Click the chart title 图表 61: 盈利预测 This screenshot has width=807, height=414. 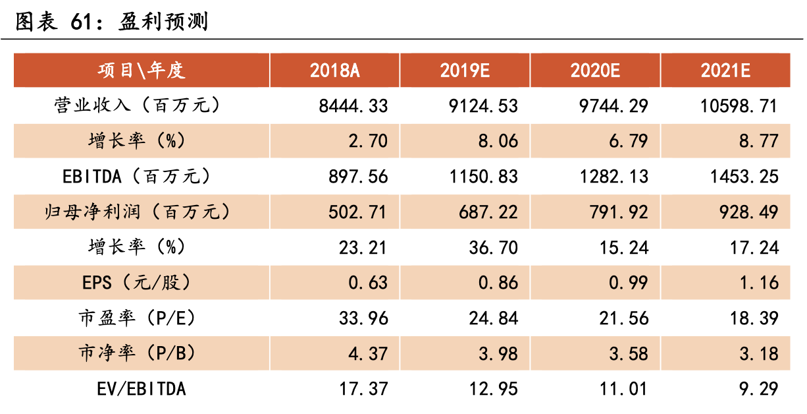[x=112, y=21]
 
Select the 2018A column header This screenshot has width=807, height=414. [x=334, y=71]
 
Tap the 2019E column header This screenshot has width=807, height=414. [x=465, y=71]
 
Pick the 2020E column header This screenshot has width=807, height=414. [x=595, y=71]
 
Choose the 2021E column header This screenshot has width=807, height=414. [x=725, y=71]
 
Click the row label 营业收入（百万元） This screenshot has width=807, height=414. [x=138, y=105]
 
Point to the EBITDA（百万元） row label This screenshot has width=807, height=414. [x=136, y=177]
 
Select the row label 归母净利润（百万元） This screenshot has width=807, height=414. [x=138, y=212]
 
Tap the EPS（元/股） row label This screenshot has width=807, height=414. [x=136, y=283]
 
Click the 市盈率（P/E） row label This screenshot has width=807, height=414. [x=138, y=318]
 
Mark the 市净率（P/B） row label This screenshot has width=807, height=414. [x=138, y=353]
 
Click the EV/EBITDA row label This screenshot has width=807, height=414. [x=142, y=389]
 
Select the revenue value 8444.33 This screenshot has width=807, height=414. [x=353, y=106]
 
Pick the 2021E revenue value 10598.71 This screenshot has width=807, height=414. [x=739, y=106]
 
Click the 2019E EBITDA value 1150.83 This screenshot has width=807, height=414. [x=484, y=177]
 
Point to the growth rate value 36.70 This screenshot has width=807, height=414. [x=494, y=248]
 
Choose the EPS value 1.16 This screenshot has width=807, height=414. [x=759, y=283]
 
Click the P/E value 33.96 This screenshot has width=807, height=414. [x=363, y=318]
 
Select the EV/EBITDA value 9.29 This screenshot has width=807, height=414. [x=759, y=389]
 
